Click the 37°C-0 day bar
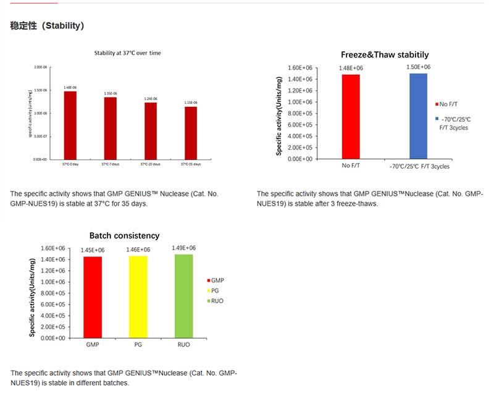pyautogui.click(x=70, y=125)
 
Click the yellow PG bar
pyautogui.click(x=138, y=297)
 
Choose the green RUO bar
pyautogui.click(x=183, y=296)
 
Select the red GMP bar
pyautogui.click(x=93, y=297)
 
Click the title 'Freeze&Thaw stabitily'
pyautogui.click(x=385, y=55)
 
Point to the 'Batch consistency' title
pyautogui.click(x=124, y=235)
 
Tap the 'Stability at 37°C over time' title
pyautogui.click(x=127, y=53)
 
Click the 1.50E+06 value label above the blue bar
pyautogui.click(x=418, y=67)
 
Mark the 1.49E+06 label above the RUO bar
pyautogui.click(x=183, y=248)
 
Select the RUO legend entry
pyautogui.click(x=216, y=300)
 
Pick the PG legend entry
pyautogui.click(x=214, y=290)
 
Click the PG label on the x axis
pyautogui.click(x=138, y=344)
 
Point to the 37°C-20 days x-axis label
pyautogui.click(x=150, y=164)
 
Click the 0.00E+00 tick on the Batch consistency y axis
pyautogui.click(x=52, y=338)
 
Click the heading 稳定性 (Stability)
pyautogui.click(x=47, y=26)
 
